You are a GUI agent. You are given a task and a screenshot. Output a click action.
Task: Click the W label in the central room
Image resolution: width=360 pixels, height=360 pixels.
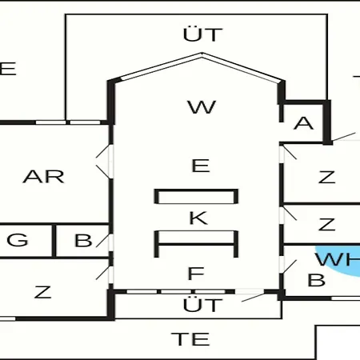point(202,107)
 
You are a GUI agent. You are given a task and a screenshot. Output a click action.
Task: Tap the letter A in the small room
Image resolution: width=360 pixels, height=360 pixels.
point(303,123)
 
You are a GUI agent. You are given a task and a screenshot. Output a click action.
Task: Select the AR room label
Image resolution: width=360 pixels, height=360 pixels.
point(43,177)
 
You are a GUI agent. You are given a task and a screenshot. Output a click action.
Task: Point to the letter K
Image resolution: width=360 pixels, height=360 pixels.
point(198,218)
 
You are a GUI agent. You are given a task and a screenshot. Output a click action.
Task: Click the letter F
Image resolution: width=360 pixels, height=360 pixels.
point(196,274)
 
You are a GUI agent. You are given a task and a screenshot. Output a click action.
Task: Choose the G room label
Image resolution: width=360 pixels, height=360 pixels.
point(18,240)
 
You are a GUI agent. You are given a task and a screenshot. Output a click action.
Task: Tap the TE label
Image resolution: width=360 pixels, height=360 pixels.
point(190,339)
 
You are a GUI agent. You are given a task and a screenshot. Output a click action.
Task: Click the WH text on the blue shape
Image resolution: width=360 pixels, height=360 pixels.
point(338,259)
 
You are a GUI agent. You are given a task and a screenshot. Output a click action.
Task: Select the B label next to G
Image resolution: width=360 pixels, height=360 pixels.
point(83,240)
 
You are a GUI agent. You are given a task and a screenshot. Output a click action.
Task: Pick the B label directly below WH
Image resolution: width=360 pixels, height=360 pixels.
point(316,280)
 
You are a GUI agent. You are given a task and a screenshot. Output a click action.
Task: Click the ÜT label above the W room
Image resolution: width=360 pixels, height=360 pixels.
point(202,34)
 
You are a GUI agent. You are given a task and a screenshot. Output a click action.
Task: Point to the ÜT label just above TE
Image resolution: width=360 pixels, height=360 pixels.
point(202,305)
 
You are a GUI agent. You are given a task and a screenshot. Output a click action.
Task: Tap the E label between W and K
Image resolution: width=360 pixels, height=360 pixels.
point(201,166)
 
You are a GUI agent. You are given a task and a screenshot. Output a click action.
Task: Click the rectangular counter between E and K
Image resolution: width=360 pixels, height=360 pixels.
point(196,197)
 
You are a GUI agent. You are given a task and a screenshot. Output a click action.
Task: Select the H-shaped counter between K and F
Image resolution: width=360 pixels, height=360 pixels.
point(196,244)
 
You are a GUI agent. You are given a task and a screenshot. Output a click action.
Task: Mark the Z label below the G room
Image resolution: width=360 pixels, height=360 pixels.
point(42,292)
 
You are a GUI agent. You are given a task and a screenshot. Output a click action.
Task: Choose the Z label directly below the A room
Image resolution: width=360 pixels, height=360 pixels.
point(326,177)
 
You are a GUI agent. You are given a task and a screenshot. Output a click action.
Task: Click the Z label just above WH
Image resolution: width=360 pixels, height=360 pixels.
point(326,224)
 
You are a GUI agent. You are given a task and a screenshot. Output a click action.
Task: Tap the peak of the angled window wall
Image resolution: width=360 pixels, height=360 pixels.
point(202,54)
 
